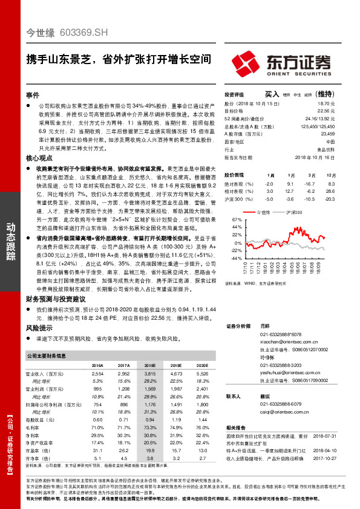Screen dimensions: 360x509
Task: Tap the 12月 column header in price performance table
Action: click(x=331, y=174)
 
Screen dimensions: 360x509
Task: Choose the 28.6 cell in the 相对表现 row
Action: click(x=331, y=191)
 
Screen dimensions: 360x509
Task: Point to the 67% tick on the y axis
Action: click(x=236, y=220)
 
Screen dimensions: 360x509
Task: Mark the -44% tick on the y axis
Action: click(x=236, y=258)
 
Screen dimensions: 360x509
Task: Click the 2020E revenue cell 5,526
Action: click(x=203, y=375)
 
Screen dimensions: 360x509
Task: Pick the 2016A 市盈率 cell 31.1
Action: click(x=97, y=450)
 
